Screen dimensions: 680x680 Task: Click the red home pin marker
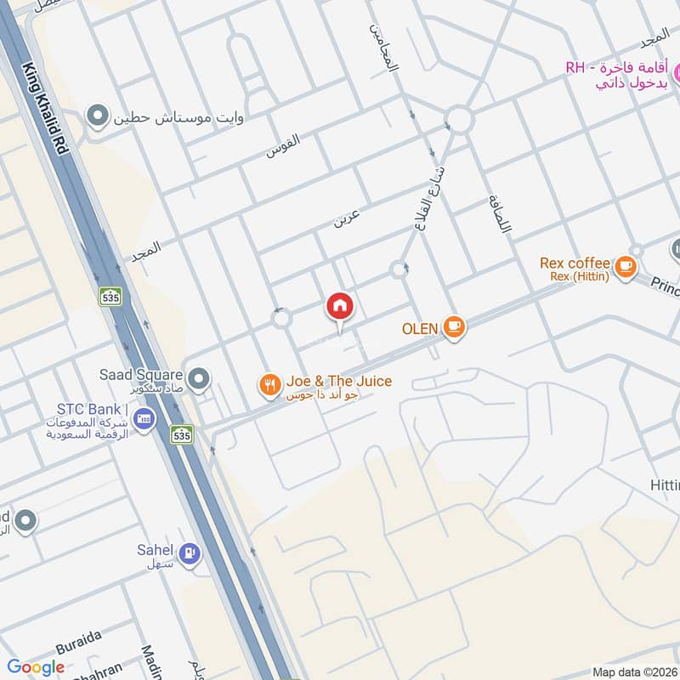coord(340,306)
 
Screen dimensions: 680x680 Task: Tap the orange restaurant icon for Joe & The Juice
coord(269,386)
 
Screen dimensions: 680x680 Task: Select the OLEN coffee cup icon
coord(454,327)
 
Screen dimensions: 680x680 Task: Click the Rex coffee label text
coord(575,263)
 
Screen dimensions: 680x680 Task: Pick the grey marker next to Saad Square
coord(199,379)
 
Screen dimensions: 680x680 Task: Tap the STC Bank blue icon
coord(143,420)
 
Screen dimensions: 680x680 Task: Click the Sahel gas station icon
coord(191,553)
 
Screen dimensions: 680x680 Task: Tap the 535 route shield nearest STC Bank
coord(180,434)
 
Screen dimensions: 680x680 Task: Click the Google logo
coord(36,667)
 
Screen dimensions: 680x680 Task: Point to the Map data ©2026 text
coord(633,671)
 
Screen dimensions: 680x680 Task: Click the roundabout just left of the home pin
coord(280,319)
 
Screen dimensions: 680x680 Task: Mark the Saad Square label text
coord(141,374)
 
